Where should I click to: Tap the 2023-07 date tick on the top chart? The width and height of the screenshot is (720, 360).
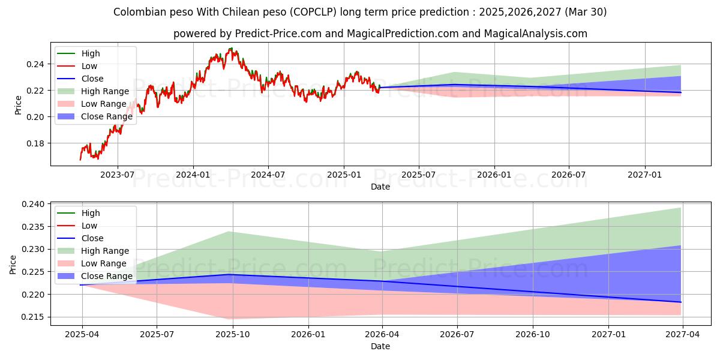(x=117, y=175)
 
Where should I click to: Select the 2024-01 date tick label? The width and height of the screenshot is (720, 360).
(x=193, y=175)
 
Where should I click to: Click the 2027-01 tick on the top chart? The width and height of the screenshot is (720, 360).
(x=645, y=175)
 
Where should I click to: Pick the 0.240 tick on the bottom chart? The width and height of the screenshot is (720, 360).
(x=32, y=205)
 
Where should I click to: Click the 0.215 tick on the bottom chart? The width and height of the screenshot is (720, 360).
(x=32, y=317)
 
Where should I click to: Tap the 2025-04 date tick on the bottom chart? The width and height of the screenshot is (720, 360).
(x=82, y=334)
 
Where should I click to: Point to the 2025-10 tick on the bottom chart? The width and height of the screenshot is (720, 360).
(x=233, y=334)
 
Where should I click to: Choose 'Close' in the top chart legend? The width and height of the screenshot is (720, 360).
(x=92, y=79)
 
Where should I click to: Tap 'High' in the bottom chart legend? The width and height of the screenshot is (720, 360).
(x=91, y=213)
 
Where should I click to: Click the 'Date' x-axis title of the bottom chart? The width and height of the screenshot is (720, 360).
(x=380, y=346)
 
